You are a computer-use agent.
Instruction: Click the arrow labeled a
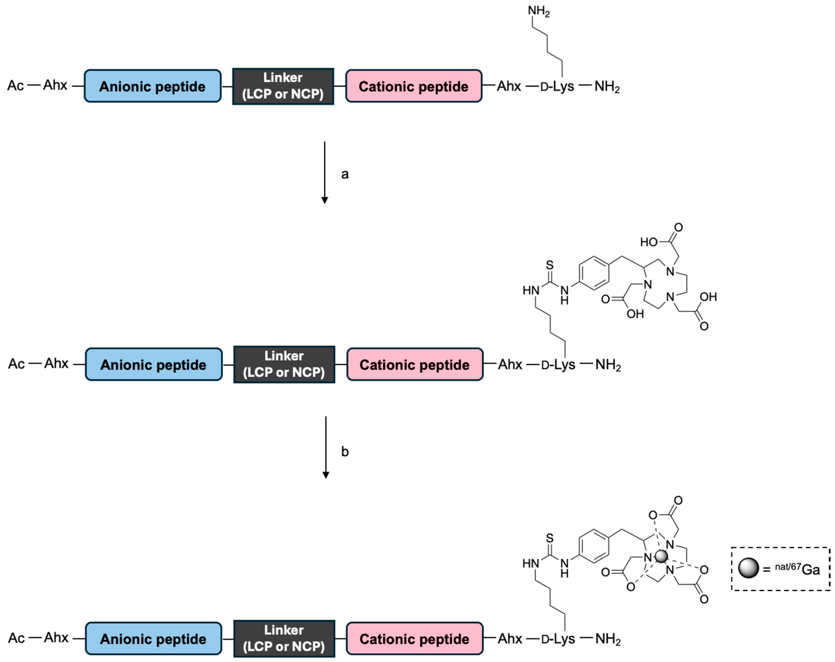(325, 172)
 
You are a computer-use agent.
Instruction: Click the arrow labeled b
(326, 447)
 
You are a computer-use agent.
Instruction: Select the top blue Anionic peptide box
(153, 86)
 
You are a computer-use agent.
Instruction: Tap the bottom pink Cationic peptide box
(414, 639)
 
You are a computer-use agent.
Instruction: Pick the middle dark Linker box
(284, 364)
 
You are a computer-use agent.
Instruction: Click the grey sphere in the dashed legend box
(748, 568)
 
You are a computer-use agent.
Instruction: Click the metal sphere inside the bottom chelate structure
(661, 556)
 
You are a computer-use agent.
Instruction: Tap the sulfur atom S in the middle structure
(549, 265)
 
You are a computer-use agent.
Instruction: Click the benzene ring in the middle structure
(594, 273)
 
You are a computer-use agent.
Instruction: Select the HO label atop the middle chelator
(649, 242)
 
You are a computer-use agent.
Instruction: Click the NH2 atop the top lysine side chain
(539, 11)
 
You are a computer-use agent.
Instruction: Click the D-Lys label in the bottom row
(558, 639)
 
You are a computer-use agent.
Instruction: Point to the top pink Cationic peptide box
(414, 86)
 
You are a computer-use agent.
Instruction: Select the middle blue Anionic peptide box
(153, 364)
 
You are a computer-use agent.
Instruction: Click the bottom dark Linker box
(284, 639)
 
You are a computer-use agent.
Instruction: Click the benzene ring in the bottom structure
(594, 545)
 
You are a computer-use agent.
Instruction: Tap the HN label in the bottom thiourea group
(530, 563)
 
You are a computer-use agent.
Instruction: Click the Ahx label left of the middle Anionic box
(56, 363)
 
